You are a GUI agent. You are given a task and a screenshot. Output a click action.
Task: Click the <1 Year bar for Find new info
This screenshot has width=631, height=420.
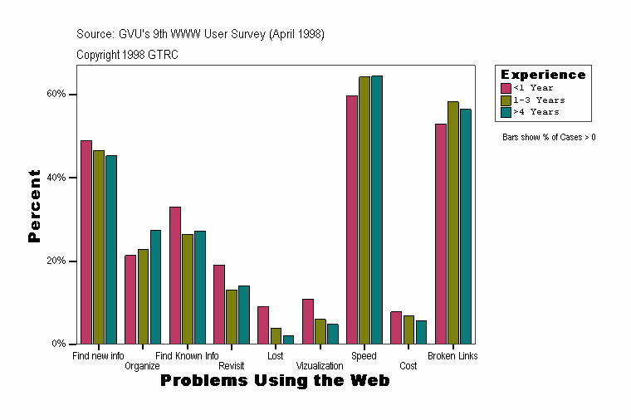coord(86,242)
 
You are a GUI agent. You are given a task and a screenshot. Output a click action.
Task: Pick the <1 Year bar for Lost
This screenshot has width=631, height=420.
coord(263,325)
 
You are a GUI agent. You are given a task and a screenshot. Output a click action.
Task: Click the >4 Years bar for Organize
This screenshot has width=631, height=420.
coord(155,286)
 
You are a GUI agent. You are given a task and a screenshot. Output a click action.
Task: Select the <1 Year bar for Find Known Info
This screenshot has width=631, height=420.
coord(175,275)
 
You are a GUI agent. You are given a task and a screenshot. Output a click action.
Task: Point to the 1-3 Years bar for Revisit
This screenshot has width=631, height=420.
coord(232,316)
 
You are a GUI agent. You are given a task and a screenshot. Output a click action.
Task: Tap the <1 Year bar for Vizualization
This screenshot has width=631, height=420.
coord(307,321)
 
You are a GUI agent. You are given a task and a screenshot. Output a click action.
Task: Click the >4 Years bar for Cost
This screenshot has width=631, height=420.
coord(421,332)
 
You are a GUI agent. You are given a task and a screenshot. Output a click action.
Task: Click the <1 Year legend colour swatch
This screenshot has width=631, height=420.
coord(506,88)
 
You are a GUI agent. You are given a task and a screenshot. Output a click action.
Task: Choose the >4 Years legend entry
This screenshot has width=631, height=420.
coord(536,111)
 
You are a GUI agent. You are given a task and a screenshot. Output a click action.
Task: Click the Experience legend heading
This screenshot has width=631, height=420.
coord(542,75)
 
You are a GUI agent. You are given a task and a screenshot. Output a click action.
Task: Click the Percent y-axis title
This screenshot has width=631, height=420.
coord(34,206)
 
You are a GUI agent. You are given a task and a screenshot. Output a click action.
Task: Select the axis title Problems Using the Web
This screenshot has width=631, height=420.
coord(275,381)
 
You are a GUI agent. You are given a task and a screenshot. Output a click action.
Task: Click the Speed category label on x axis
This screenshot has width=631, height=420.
coord(364,356)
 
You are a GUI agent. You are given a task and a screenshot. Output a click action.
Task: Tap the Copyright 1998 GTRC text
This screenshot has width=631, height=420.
coord(127,55)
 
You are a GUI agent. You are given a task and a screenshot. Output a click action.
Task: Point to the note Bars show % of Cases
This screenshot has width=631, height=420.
coord(549,137)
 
